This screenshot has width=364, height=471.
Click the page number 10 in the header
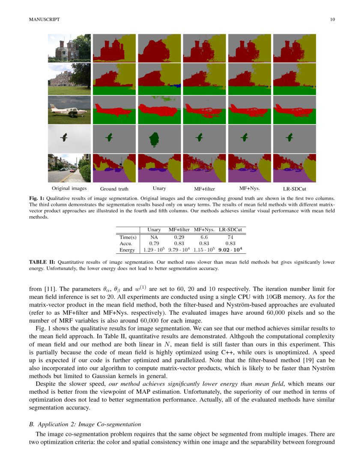point(332,19)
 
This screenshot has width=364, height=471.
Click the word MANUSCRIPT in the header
point(45,19)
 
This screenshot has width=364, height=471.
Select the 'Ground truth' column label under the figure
point(114,189)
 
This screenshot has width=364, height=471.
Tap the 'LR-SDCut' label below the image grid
point(294,189)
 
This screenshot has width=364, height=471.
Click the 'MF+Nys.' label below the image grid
point(249,188)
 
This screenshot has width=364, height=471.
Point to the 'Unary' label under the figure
point(159,188)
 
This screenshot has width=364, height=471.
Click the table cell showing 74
point(230,237)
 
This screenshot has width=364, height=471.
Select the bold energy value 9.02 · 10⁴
point(230,250)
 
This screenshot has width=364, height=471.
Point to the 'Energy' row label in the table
point(128,250)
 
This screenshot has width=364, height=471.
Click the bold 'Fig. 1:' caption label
point(36,199)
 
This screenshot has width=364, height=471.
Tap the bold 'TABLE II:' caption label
point(42,262)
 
